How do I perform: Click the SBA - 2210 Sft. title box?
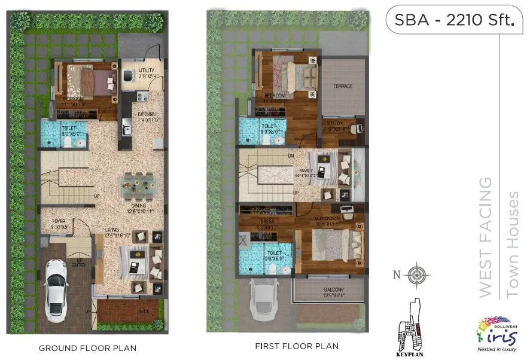(454, 21)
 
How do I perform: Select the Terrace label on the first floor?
(343, 86)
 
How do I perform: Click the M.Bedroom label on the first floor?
(328, 219)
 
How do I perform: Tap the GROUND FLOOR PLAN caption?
(87, 347)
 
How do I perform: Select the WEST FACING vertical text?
(486, 236)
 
